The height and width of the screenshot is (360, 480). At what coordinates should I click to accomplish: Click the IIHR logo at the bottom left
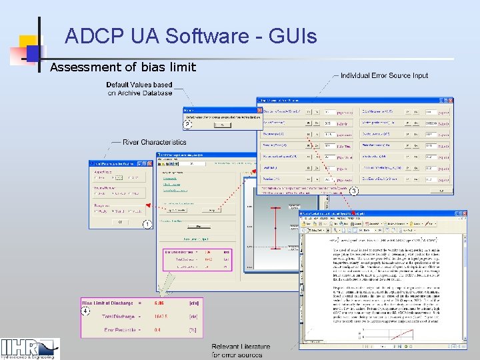[x=29, y=348]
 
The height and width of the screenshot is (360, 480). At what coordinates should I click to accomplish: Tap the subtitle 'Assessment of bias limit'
[x=123, y=67]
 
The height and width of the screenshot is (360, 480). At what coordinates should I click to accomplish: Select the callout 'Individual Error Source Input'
[x=384, y=76]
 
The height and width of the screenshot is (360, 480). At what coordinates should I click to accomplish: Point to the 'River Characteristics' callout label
[x=155, y=142]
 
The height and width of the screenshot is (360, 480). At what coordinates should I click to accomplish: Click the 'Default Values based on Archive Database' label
[x=139, y=89]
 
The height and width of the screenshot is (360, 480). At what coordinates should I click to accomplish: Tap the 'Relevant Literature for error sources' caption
[x=241, y=351]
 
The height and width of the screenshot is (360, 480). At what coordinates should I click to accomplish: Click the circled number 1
[x=145, y=225]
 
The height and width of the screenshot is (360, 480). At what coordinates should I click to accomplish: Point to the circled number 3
[x=354, y=192]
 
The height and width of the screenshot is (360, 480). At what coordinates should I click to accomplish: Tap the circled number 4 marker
[x=85, y=311]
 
